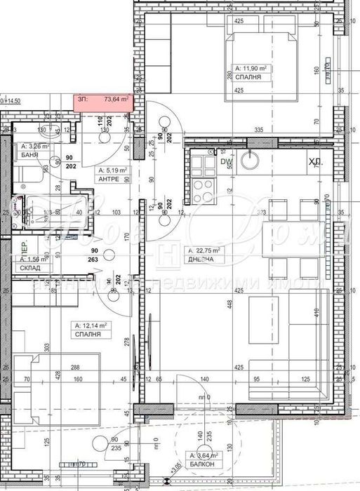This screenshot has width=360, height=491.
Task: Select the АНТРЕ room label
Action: (109, 178)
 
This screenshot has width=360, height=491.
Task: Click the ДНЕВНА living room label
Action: (200, 260)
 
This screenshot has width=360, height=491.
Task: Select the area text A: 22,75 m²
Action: (203, 250)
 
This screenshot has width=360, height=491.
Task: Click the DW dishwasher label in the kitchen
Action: (226, 162)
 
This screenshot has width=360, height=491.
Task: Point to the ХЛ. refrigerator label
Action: (314, 162)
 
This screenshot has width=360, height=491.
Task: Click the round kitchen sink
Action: (250, 162)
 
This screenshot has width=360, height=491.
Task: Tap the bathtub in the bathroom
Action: (43, 208)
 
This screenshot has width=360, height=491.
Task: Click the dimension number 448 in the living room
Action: (229, 303)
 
